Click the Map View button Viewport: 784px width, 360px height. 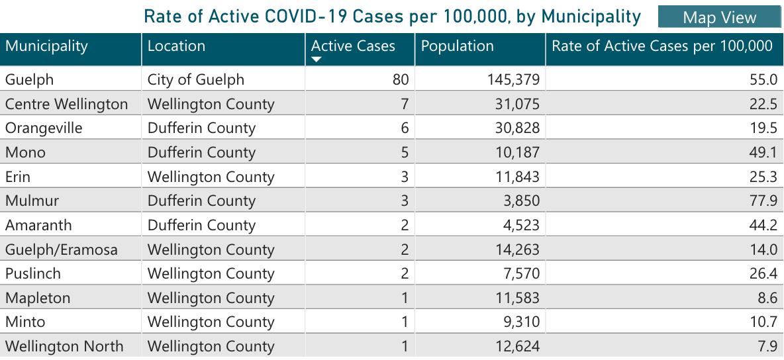[x=719, y=17]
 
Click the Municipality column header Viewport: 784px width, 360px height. [x=46, y=46]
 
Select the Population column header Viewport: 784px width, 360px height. [x=458, y=46]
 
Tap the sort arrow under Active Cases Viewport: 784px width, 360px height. [x=317, y=60]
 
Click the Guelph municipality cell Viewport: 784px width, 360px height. [x=29, y=80]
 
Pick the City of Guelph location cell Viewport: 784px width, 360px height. [x=196, y=80]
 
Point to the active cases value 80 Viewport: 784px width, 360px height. [x=400, y=80]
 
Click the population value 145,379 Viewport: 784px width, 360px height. [x=513, y=80]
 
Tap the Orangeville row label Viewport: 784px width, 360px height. [x=44, y=128]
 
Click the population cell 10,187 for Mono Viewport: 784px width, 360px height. [x=517, y=153]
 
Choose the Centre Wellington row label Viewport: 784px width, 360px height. [x=66, y=105]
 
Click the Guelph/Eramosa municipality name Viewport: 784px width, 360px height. [x=62, y=249]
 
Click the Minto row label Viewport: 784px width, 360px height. [x=25, y=322]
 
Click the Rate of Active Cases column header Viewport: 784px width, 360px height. [x=662, y=46]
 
